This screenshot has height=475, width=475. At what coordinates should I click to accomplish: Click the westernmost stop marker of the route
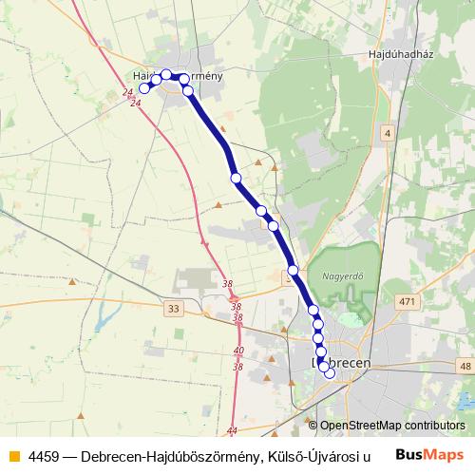[145, 88]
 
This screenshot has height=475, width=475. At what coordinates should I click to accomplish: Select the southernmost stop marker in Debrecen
[330, 373]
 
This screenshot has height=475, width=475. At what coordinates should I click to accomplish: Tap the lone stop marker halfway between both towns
[236, 178]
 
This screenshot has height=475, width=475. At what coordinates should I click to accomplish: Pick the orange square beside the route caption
[12, 455]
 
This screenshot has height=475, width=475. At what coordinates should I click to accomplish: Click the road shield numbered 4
[388, 133]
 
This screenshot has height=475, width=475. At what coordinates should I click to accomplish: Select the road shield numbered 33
[172, 308]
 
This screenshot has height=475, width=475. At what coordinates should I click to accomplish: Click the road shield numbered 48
[465, 365]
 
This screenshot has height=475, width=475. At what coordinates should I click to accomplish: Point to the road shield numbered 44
[233, 430]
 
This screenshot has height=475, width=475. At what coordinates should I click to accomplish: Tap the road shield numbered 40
[237, 351]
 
